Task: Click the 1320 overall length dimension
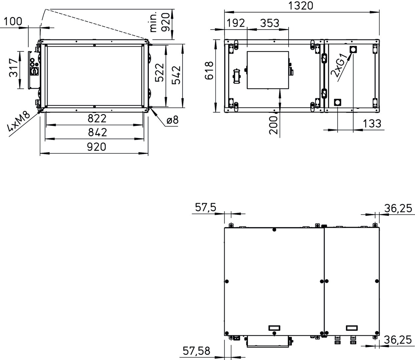[x=301, y=6]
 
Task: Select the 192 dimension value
[x=236, y=23]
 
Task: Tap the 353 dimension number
[x=270, y=23]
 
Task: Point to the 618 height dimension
[x=209, y=70]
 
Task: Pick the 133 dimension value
[x=372, y=124]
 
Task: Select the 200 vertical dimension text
[x=274, y=125]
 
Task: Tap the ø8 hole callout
[x=172, y=120]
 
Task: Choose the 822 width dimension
[x=97, y=119]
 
